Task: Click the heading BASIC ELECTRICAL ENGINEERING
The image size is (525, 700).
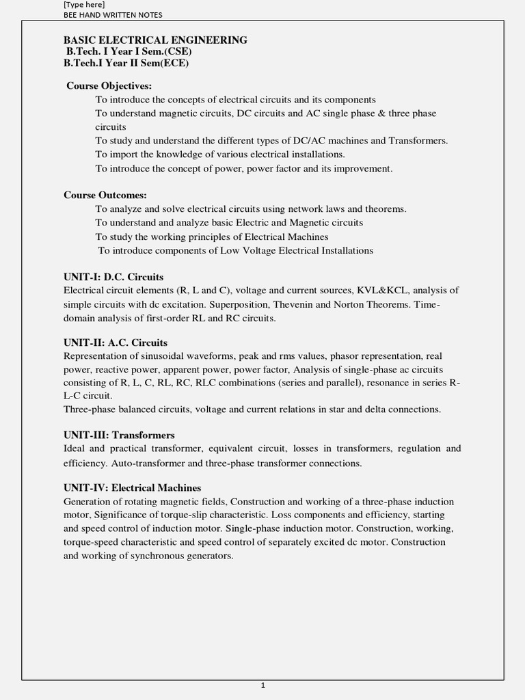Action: point(155,40)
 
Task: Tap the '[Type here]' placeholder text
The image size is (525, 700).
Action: point(84,5)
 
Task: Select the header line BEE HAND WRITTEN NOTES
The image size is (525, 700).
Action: point(113,15)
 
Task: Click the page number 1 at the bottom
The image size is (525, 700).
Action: point(262,686)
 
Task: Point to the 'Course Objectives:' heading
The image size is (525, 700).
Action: point(109,86)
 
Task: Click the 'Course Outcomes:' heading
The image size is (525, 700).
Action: point(105,195)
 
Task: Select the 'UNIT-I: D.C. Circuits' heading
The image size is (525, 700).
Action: point(113,277)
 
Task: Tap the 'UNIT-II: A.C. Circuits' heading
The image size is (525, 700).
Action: point(116,342)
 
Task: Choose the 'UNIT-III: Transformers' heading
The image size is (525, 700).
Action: point(119,435)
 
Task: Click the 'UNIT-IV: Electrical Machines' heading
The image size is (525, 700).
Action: point(133,488)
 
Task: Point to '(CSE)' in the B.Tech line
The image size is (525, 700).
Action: point(174,52)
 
